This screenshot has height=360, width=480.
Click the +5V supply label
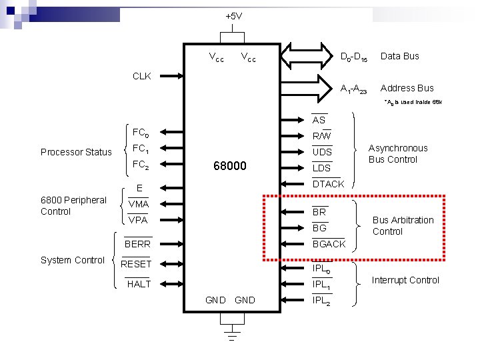[233, 16]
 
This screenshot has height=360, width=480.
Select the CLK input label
[141, 76]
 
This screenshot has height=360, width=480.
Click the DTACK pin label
[329, 184]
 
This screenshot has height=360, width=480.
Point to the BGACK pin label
[329, 244]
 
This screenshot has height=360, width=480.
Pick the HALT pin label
[139, 284]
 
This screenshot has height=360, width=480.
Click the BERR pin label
[138, 245]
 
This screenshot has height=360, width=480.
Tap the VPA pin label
[138, 220]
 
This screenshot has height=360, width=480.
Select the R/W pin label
[321, 136]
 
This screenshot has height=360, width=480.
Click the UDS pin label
[322, 152]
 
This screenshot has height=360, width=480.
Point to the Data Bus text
[399, 56]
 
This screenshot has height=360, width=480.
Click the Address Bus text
[407, 88]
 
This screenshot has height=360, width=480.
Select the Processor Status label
[76, 152]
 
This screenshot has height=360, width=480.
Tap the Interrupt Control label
[405, 280]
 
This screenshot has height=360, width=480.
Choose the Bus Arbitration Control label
[403, 225]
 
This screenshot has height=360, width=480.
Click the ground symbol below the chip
[232, 331]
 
